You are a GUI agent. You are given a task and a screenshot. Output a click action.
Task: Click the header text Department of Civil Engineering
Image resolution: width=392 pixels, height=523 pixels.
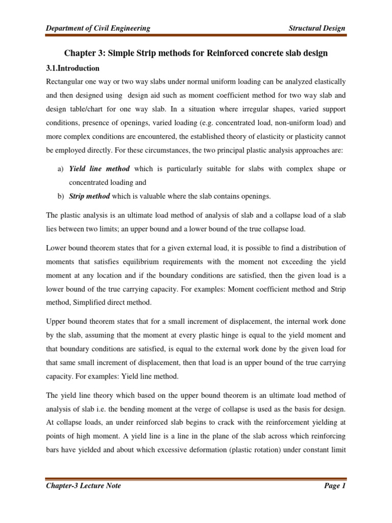97,28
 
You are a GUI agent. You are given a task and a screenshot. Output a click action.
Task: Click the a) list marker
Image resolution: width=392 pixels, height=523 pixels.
60,169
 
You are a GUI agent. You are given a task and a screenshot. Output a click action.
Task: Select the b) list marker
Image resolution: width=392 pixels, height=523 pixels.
60,197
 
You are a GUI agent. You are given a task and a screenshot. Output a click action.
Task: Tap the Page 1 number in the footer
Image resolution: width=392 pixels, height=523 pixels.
335,486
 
